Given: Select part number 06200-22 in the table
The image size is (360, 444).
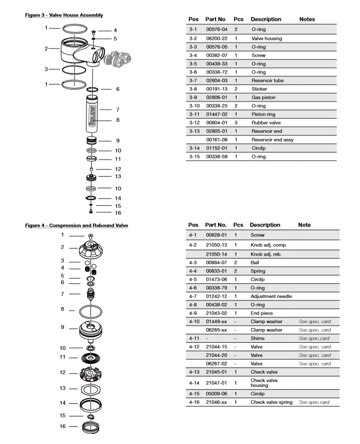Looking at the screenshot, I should click(217, 38).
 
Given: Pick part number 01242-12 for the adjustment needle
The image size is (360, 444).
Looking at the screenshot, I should click(217, 297).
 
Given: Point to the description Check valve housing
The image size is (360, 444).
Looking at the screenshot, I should click(265, 383).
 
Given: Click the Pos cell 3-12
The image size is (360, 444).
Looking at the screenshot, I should click(194, 123).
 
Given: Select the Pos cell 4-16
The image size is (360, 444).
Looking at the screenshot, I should click(194, 402).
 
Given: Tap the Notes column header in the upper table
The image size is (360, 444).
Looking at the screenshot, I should click(307, 19).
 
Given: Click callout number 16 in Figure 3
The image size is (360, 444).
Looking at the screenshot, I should click(118, 212).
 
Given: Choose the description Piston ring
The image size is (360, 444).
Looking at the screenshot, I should click(264, 114).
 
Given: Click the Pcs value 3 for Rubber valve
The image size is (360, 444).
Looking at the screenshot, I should click(236, 123).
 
